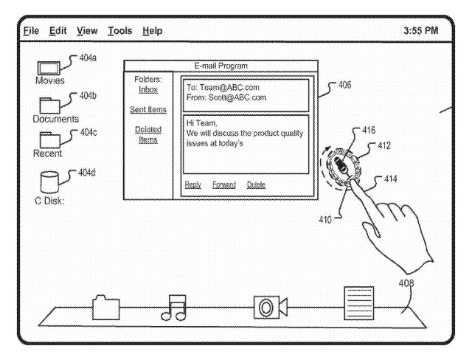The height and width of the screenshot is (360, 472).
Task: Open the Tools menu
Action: click(x=119, y=31)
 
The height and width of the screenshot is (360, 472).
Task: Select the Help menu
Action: click(x=153, y=31)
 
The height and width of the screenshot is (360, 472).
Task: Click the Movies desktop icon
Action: click(x=49, y=69)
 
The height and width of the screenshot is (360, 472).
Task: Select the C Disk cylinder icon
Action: click(x=49, y=182)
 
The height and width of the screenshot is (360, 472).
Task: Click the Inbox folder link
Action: click(x=147, y=89)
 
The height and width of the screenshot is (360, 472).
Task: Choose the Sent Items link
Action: click(x=147, y=110)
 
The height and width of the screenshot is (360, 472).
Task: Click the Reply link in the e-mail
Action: click(x=192, y=184)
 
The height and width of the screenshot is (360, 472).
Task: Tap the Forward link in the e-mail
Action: click(x=223, y=184)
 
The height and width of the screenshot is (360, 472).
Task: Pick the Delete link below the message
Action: click(x=256, y=184)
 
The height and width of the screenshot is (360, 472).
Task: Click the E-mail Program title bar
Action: click(x=221, y=66)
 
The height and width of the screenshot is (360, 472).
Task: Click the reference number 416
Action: click(x=369, y=130)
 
